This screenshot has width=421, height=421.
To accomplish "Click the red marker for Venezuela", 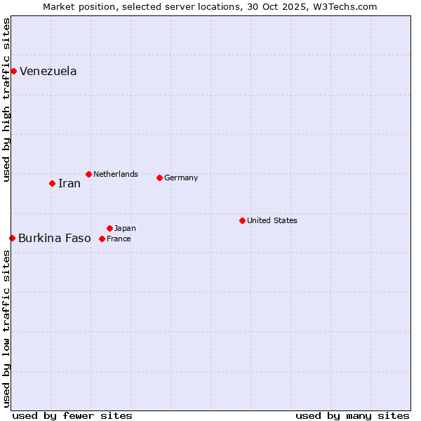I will point(13,71).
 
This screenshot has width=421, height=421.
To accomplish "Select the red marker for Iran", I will point(52,183).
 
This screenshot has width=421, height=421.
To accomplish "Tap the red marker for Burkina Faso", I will point(12,238).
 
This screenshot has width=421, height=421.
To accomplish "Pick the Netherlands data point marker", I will point(88,174).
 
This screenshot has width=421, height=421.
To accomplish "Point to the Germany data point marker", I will point(159,178).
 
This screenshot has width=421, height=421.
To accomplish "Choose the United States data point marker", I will point(242,220).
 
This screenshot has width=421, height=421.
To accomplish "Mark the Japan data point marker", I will point(109,228).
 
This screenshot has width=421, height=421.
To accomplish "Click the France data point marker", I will point(102,239).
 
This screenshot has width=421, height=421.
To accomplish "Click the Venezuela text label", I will point(48,71).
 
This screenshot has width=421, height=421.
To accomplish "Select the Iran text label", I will point(69,183).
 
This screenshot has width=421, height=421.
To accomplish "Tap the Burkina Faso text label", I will point(55,238).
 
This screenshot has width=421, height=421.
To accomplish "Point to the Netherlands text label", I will point(116,174).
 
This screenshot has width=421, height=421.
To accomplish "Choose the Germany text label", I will point(181,178).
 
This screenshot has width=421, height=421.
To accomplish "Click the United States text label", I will point(272,220).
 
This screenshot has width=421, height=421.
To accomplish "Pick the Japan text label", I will point(125,228).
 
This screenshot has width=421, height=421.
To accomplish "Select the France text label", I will point(119,239).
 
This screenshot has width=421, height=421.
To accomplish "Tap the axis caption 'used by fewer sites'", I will point(72,415).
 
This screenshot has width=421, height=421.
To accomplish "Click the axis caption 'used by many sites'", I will point(352,415).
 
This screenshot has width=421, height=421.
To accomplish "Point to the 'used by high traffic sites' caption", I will point(6,100).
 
